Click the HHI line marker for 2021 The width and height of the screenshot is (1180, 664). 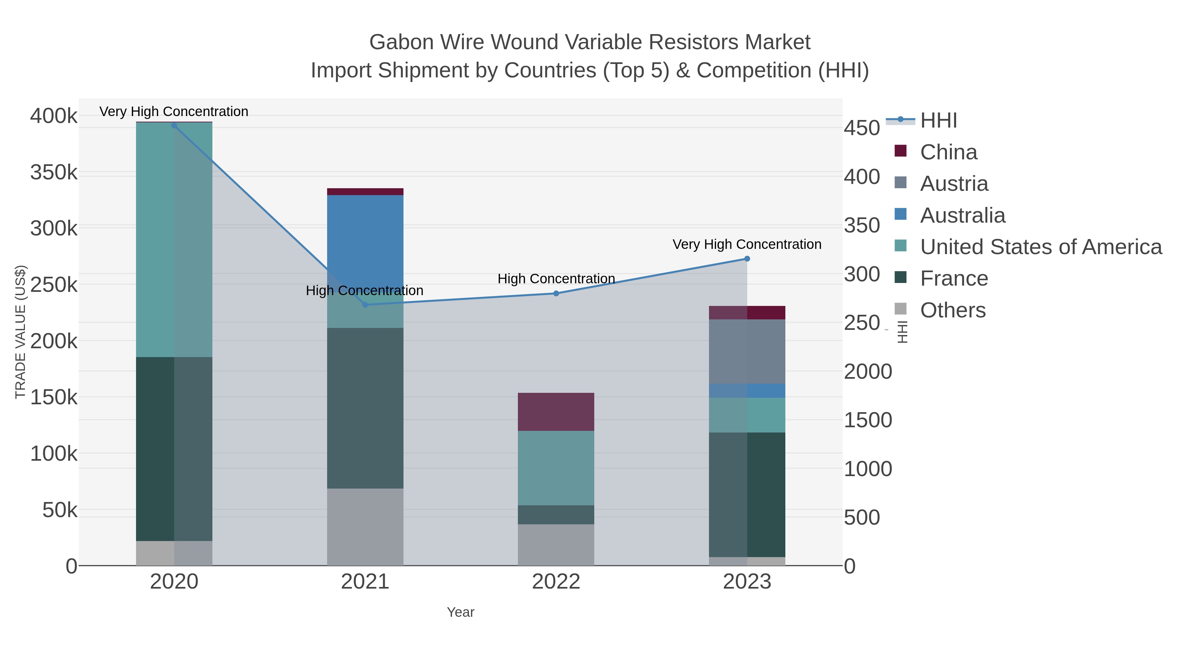click(365, 305)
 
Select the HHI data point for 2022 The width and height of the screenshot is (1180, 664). click(556, 293)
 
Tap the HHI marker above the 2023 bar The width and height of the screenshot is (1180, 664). click(747, 259)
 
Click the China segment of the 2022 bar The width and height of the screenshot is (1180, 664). click(556, 412)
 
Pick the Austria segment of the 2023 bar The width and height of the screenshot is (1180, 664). click(747, 352)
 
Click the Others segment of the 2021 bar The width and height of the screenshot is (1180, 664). click(365, 527)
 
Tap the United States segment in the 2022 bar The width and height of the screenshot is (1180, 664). click(556, 468)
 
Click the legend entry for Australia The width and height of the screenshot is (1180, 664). click(962, 215)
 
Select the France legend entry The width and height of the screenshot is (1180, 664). click(954, 279)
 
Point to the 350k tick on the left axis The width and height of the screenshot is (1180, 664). click(54, 173)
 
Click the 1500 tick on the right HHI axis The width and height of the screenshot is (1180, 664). click(868, 420)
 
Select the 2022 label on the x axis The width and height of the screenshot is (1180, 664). click(556, 582)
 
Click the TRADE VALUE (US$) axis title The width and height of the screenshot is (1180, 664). click(21, 332)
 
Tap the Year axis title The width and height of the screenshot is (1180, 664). click(461, 612)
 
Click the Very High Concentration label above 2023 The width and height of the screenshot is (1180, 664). click(747, 244)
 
